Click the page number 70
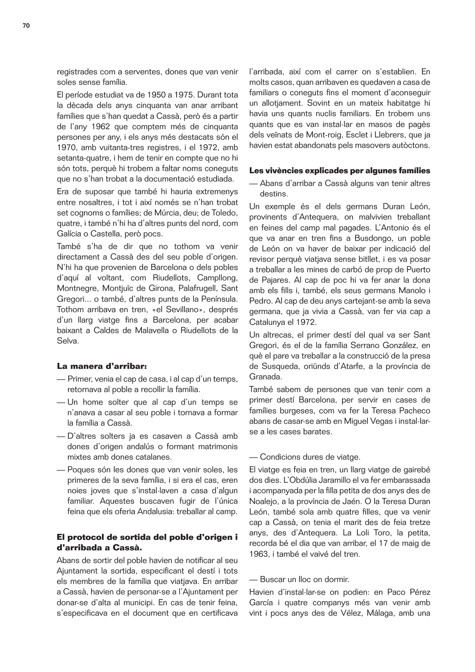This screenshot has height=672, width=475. click(x=26, y=25)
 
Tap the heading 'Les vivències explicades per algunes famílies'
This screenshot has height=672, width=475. click(x=339, y=171)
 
